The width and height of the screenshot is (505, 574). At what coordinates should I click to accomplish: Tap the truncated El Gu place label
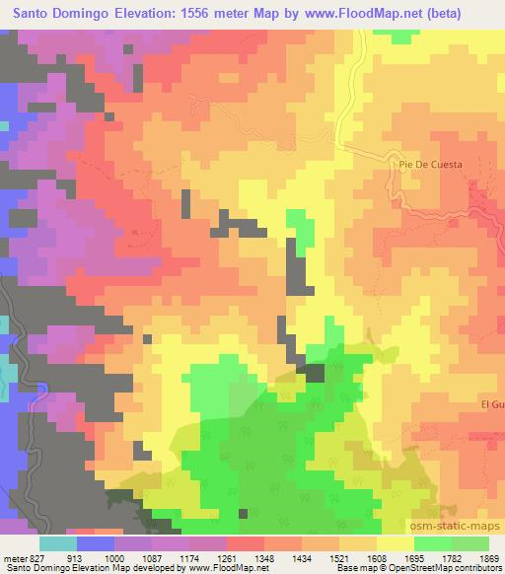[492, 405]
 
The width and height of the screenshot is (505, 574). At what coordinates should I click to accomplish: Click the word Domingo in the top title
[104, 13]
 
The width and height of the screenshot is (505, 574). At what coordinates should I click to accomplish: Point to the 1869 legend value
[491, 557]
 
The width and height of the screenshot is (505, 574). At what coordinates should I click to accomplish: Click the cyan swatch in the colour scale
[58, 543]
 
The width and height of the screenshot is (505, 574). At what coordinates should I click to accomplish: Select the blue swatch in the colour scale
[96, 543]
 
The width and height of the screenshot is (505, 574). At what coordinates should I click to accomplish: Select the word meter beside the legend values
[14, 557]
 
